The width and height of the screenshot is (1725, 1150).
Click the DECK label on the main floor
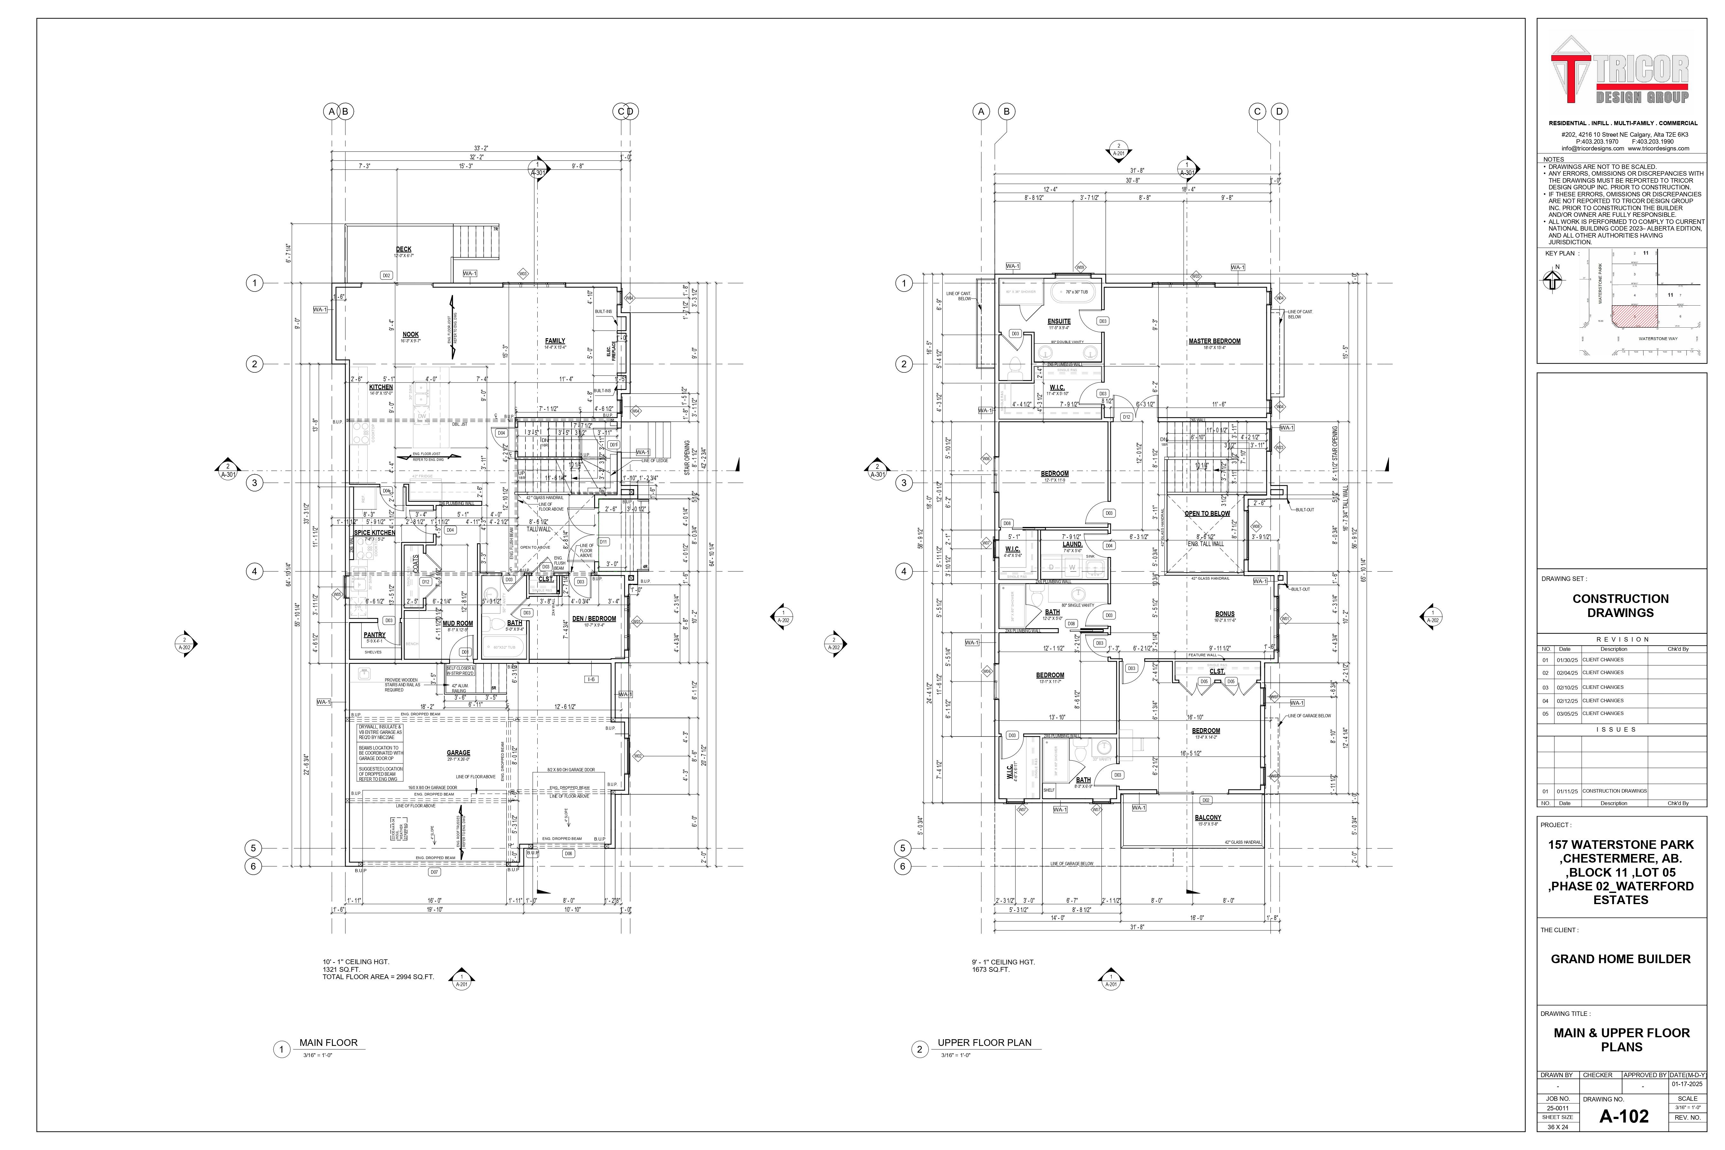click(x=403, y=249)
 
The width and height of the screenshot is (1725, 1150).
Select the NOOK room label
click(x=411, y=334)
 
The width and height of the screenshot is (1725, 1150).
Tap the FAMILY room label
click(x=555, y=341)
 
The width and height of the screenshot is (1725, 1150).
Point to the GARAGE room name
click(x=458, y=753)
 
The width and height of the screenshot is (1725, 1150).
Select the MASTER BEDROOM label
click(x=1215, y=341)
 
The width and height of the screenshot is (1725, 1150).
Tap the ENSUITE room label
click(x=1059, y=321)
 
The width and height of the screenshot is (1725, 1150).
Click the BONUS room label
click(x=1225, y=614)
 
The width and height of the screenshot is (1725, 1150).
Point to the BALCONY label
click(x=1208, y=818)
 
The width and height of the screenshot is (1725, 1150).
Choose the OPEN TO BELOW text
click(x=1207, y=514)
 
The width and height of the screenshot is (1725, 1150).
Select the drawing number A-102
click(x=1624, y=1116)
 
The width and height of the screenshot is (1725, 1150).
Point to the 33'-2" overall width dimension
click(x=480, y=148)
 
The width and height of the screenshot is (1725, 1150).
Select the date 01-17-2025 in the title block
click(x=1687, y=1084)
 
